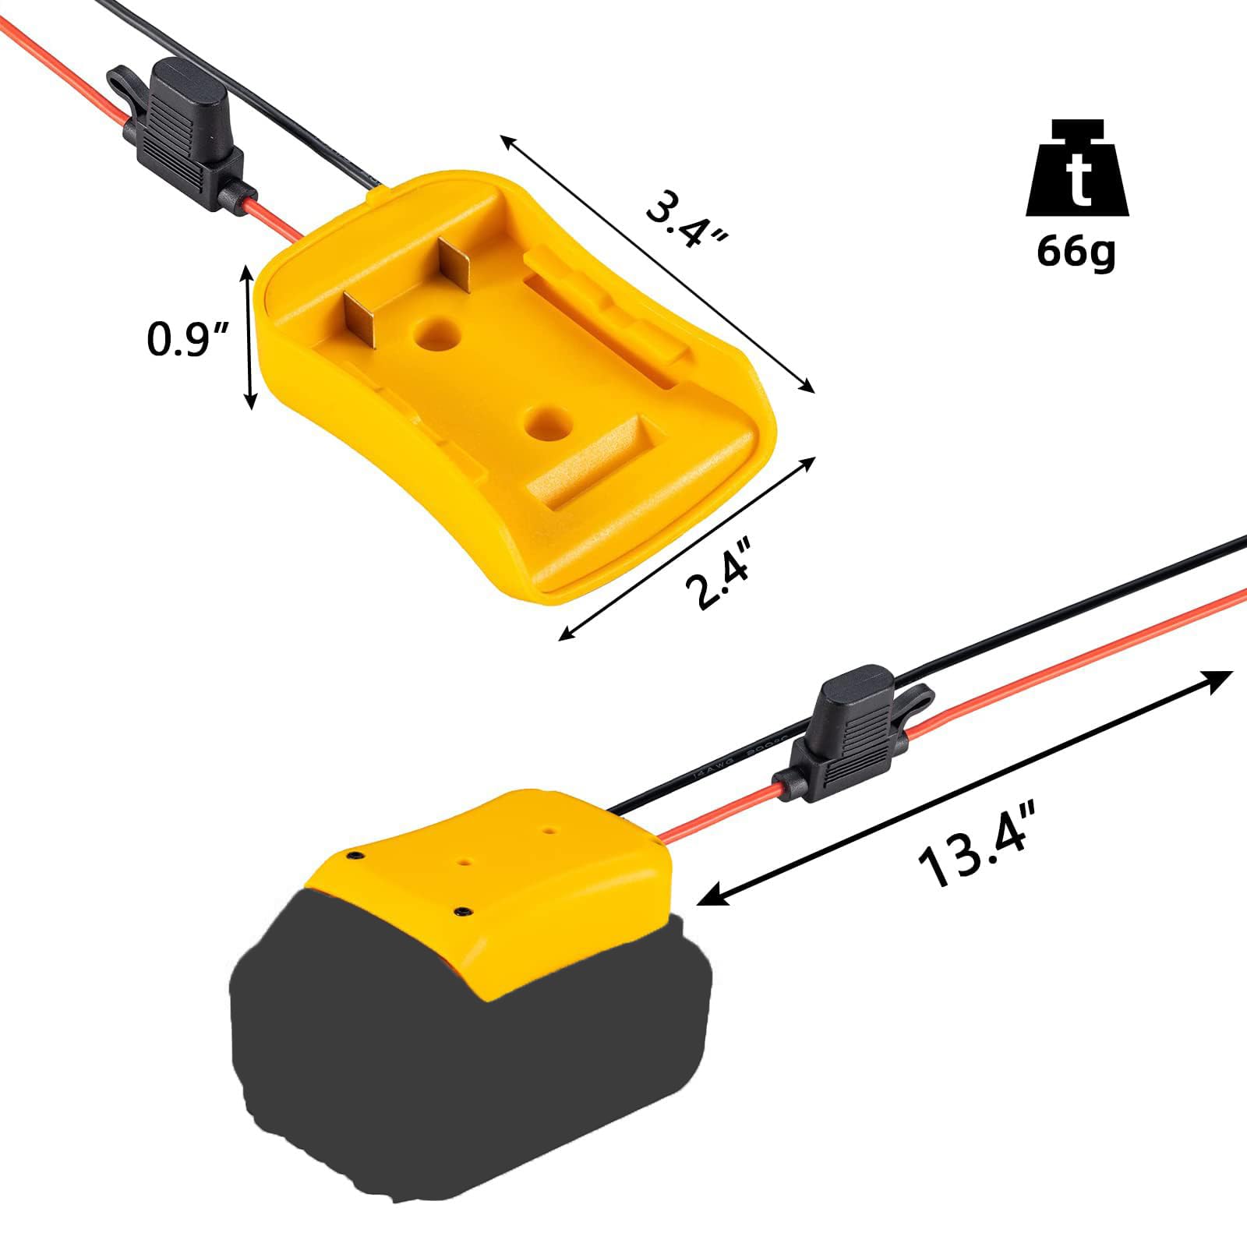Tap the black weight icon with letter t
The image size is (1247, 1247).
click(1076, 170)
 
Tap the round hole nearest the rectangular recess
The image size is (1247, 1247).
click(542, 421)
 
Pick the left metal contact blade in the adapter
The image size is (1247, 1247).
click(360, 320)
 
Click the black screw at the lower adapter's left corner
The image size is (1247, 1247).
click(355, 857)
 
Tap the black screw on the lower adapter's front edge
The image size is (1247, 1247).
click(463, 911)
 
